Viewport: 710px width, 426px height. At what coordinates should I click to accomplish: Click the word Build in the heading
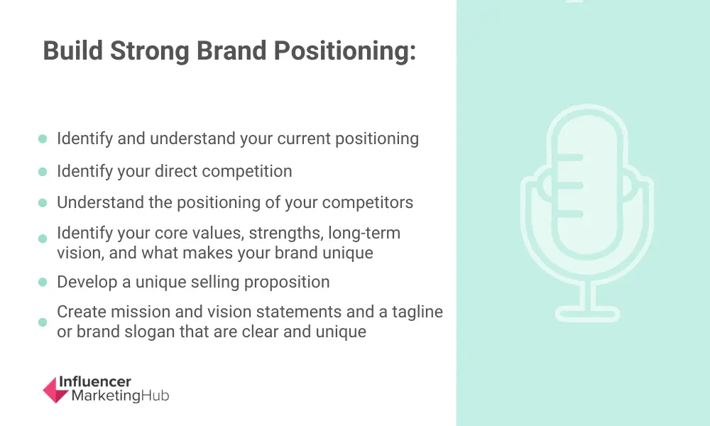(x=73, y=50)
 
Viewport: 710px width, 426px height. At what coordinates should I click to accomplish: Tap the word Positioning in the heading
(x=344, y=50)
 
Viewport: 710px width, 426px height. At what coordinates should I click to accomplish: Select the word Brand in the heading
(x=231, y=50)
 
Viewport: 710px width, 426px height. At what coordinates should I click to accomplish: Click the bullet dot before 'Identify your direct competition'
(x=43, y=172)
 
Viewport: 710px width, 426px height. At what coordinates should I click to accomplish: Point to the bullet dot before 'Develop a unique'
(x=43, y=282)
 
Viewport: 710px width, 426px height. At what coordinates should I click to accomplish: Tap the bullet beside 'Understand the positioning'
(x=43, y=202)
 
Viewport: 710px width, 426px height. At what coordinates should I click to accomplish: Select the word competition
(x=247, y=172)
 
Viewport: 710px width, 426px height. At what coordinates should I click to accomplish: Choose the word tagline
(x=417, y=312)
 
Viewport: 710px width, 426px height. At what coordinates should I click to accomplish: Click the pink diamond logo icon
(x=55, y=390)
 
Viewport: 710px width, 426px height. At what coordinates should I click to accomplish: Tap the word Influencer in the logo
(x=95, y=382)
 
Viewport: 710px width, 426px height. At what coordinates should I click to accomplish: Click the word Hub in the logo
(x=155, y=395)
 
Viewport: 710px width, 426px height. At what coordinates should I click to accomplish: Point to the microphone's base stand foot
(x=587, y=314)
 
